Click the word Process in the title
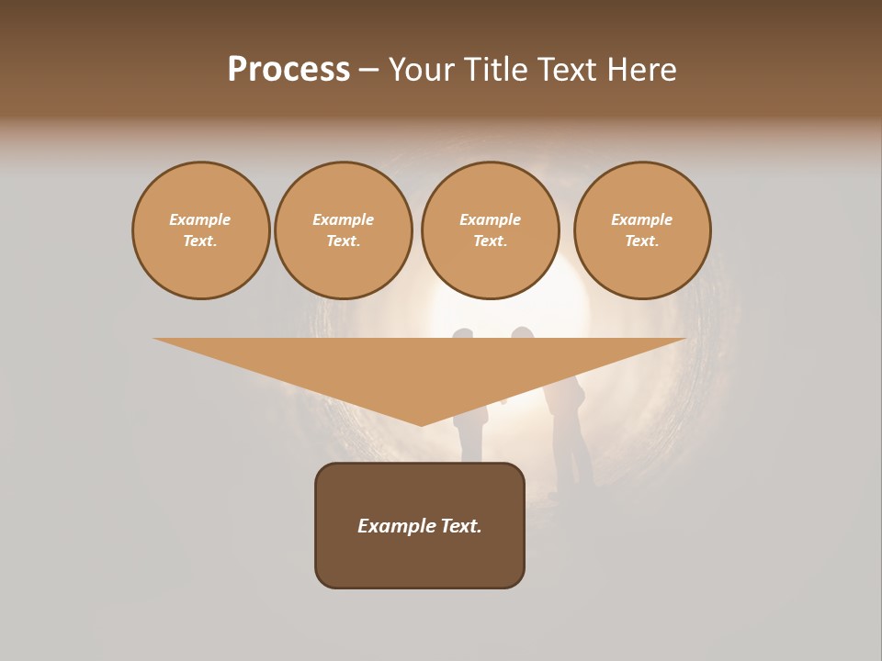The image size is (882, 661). (x=288, y=70)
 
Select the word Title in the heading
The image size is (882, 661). (x=496, y=70)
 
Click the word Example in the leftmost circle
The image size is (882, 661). (x=199, y=219)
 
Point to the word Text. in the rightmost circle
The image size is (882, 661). (x=641, y=241)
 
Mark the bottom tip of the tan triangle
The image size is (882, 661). (x=421, y=423)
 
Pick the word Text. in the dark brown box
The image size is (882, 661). (x=460, y=526)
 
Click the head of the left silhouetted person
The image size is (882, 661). (x=462, y=333)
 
